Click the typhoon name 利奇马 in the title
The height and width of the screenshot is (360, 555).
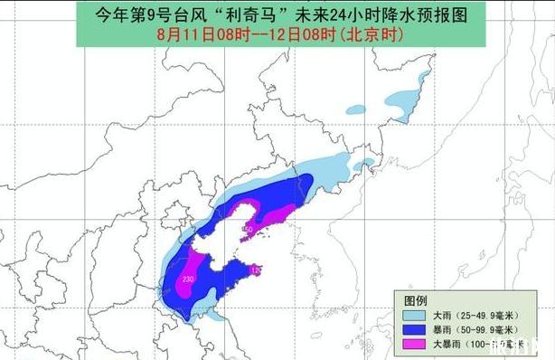(x=259, y=14)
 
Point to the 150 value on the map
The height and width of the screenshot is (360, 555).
(x=249, y=230)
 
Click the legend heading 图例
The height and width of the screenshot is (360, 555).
(x=416, y=299)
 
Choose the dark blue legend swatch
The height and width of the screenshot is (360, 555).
(x=416, y=330)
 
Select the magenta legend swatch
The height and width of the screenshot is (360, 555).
(x=416, y=345)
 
